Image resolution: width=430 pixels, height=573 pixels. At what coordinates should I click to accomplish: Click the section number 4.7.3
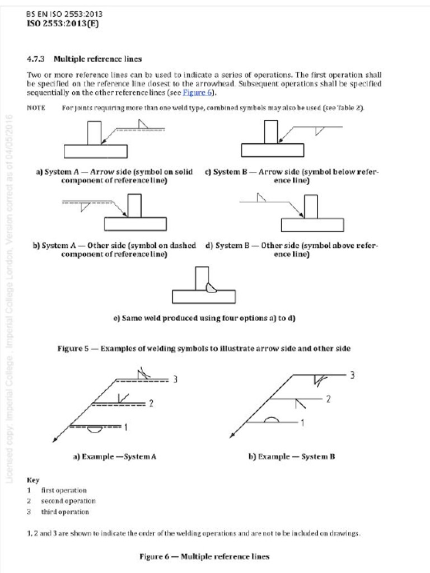click(x=37, y=59)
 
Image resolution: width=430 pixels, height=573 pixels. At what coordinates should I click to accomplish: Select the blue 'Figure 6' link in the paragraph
click(x=195, y=93)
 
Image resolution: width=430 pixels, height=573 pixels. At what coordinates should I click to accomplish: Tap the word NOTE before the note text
click(x=36, y=107)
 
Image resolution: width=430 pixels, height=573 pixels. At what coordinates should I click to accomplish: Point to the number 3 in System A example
click(x=175, y=379)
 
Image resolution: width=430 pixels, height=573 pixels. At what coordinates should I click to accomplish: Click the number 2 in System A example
click(x=151, y=403)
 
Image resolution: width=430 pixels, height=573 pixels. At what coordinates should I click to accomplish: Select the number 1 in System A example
click(x=126, y=427)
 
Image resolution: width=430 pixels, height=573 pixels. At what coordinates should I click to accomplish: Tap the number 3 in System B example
click(x=352, y=375)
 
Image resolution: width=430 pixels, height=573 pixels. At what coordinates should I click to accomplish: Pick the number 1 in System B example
click(x=302, y=422)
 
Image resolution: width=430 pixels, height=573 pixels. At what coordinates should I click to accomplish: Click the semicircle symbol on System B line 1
click(x=272, y=420)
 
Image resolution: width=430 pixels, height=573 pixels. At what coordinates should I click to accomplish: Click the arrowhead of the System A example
click(x=55, y=439)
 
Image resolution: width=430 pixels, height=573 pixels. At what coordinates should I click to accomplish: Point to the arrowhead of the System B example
click(x=232, y=435)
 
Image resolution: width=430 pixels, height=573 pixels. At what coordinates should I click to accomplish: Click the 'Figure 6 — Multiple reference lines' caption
click(x=204, y=556)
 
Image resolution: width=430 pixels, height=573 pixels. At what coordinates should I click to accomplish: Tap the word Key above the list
click(x=32, y=480)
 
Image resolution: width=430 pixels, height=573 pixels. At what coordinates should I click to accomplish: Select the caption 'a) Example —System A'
click(x=115, y=457)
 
